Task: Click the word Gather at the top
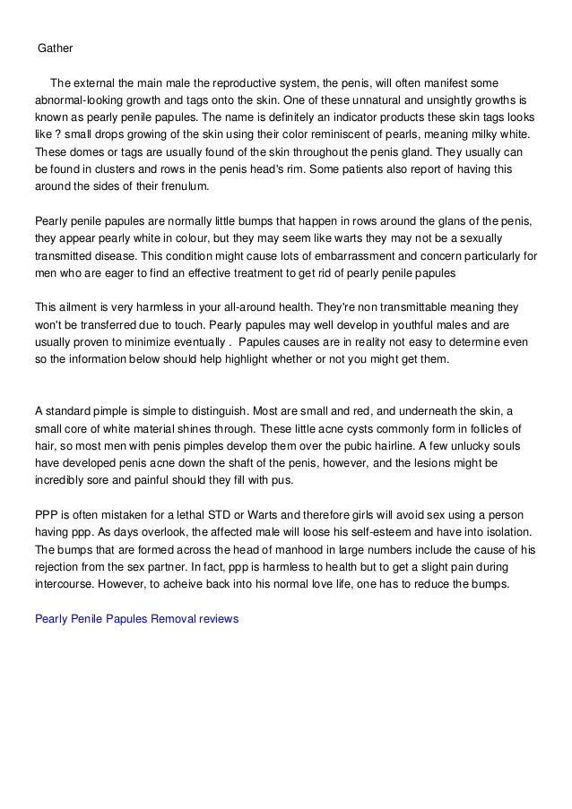point(55,46)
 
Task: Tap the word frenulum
point(182,185)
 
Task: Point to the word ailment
point(82,306)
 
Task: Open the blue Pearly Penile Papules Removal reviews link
point(136,618)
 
